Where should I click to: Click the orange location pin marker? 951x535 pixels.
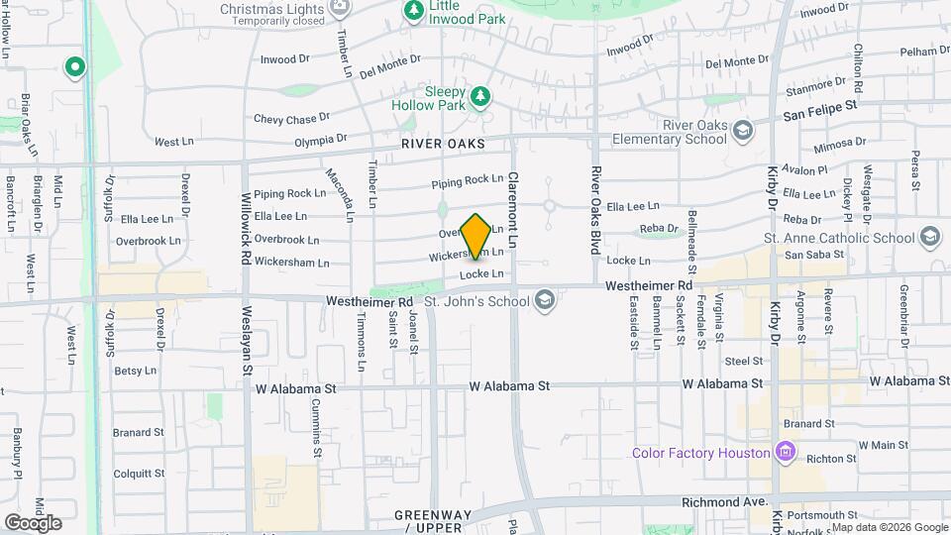tap(476, 236)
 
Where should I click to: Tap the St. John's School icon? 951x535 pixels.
tap(544, 299)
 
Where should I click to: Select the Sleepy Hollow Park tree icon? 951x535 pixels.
tap(480, 95)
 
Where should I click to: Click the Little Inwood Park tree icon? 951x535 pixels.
tap(412, 10)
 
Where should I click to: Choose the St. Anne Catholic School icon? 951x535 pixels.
tap(929, 237)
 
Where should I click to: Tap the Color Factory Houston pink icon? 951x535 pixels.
tap(787, 452)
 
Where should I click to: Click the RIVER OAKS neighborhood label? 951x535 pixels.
tap(443, 145)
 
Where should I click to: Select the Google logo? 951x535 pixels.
tap(33, 522)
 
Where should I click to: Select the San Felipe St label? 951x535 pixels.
tap(819, 114)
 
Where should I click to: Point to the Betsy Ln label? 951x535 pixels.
tap(136, 372)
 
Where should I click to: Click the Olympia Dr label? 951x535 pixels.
tap(321, 141)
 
